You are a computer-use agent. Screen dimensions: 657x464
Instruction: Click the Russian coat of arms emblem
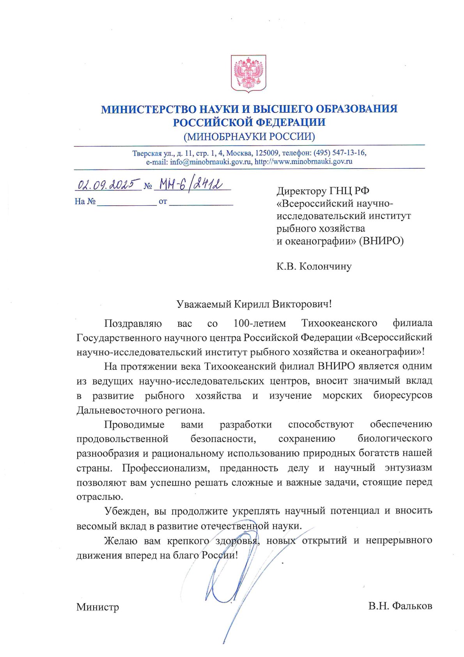pos(249,73)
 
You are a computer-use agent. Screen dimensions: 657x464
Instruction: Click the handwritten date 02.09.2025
pos(108,184)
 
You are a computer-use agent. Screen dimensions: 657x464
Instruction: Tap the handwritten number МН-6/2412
pos(189,184)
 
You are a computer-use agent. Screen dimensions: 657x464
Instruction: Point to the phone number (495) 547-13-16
pos(340,153)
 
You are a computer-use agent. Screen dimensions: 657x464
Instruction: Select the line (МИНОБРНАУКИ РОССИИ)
pos(249,136)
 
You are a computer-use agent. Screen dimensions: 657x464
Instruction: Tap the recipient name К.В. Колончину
pos(314,267)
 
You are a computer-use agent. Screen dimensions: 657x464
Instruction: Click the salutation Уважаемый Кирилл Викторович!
pos(254,304)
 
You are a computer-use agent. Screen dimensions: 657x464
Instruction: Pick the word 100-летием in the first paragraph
pos(259,324)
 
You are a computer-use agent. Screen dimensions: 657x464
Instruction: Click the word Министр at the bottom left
pos(97,607)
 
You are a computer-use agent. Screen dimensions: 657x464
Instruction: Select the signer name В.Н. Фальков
pos(400,606)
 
